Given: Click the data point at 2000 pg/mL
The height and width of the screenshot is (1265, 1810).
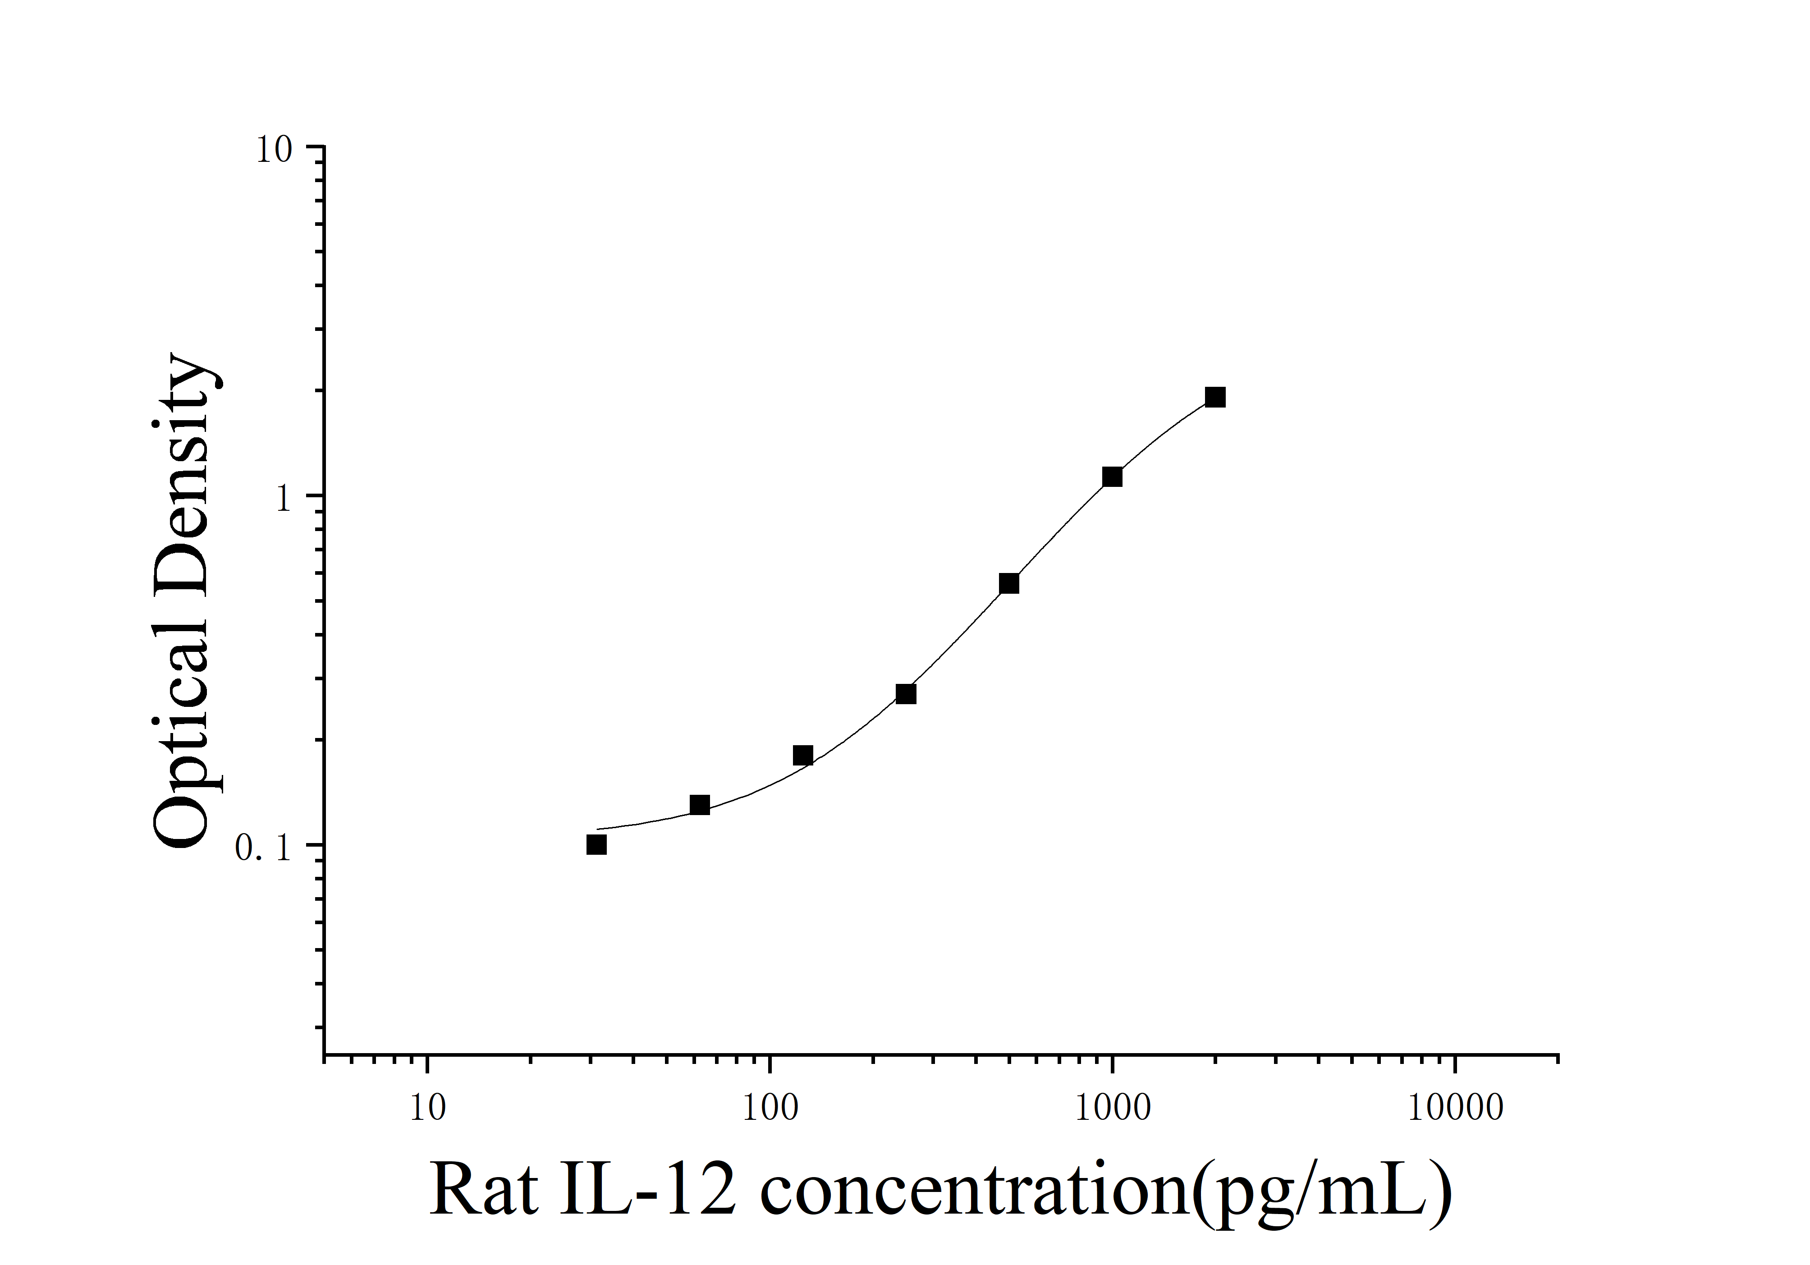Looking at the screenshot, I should (1215, 396).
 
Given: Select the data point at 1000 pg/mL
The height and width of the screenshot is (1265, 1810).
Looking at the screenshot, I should (1112, 477).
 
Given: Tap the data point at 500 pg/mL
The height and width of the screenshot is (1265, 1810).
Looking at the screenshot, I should (1009, 583).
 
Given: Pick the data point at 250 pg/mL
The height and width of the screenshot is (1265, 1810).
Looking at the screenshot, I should (906, 693).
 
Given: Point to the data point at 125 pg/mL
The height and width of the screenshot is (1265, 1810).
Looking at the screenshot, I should (802, 755).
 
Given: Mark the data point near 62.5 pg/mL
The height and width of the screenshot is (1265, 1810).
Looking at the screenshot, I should (699, 805).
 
